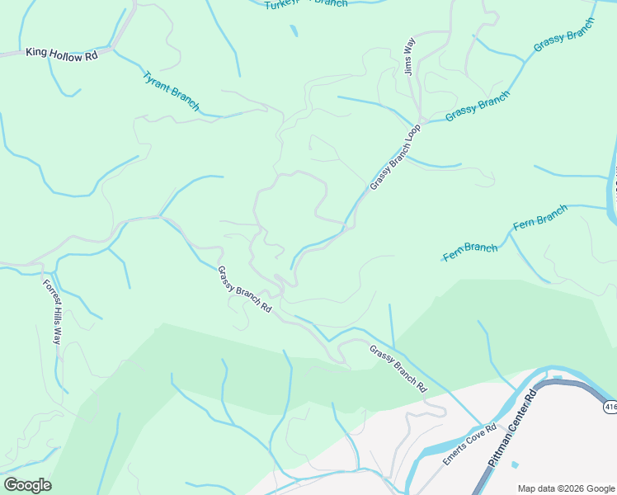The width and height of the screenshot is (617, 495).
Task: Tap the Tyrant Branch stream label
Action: [x=171, y=91]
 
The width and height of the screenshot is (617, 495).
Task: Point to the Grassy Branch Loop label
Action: [x=395, y=158]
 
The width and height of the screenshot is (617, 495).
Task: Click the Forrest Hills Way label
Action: [x=53, y=311]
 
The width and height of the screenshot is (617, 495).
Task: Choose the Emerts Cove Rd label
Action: [x=469, y=444]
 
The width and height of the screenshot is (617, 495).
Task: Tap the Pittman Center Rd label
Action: [x=512, y=429]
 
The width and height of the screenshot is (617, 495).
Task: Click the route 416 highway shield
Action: [x=610, y=407]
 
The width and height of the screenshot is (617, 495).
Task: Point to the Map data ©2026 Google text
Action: [x=567, y=488]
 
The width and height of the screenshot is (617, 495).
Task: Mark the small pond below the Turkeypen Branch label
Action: [x=294, y=31]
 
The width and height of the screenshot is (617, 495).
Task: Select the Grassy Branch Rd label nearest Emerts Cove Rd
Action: [x=398, y=368]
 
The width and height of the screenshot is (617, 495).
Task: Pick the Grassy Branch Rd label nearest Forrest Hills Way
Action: [x=244, y=289]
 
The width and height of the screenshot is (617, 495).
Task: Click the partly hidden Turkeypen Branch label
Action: [x=306, y=4]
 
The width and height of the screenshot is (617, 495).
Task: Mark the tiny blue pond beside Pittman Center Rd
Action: [x=515, y=464]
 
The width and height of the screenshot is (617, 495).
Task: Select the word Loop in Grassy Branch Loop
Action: [x=412, y=134]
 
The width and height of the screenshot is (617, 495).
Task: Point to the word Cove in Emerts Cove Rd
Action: [x=472, y=441]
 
